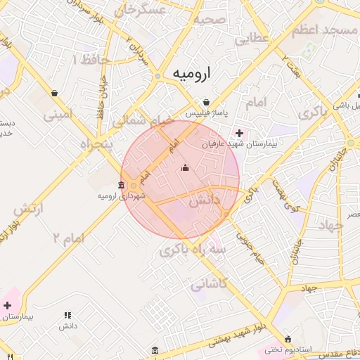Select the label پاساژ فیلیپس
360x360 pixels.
[x=205, y=112]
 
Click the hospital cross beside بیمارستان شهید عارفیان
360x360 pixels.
[x=239, y=132]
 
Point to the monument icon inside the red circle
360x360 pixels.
[x=186, y=167]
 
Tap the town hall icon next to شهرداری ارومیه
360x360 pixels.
[x=122, y=186]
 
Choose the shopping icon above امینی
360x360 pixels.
[x=55, y=93]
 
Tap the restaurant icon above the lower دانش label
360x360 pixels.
[x=68, y=316]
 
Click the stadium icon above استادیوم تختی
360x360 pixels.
[x=288, y=339]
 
